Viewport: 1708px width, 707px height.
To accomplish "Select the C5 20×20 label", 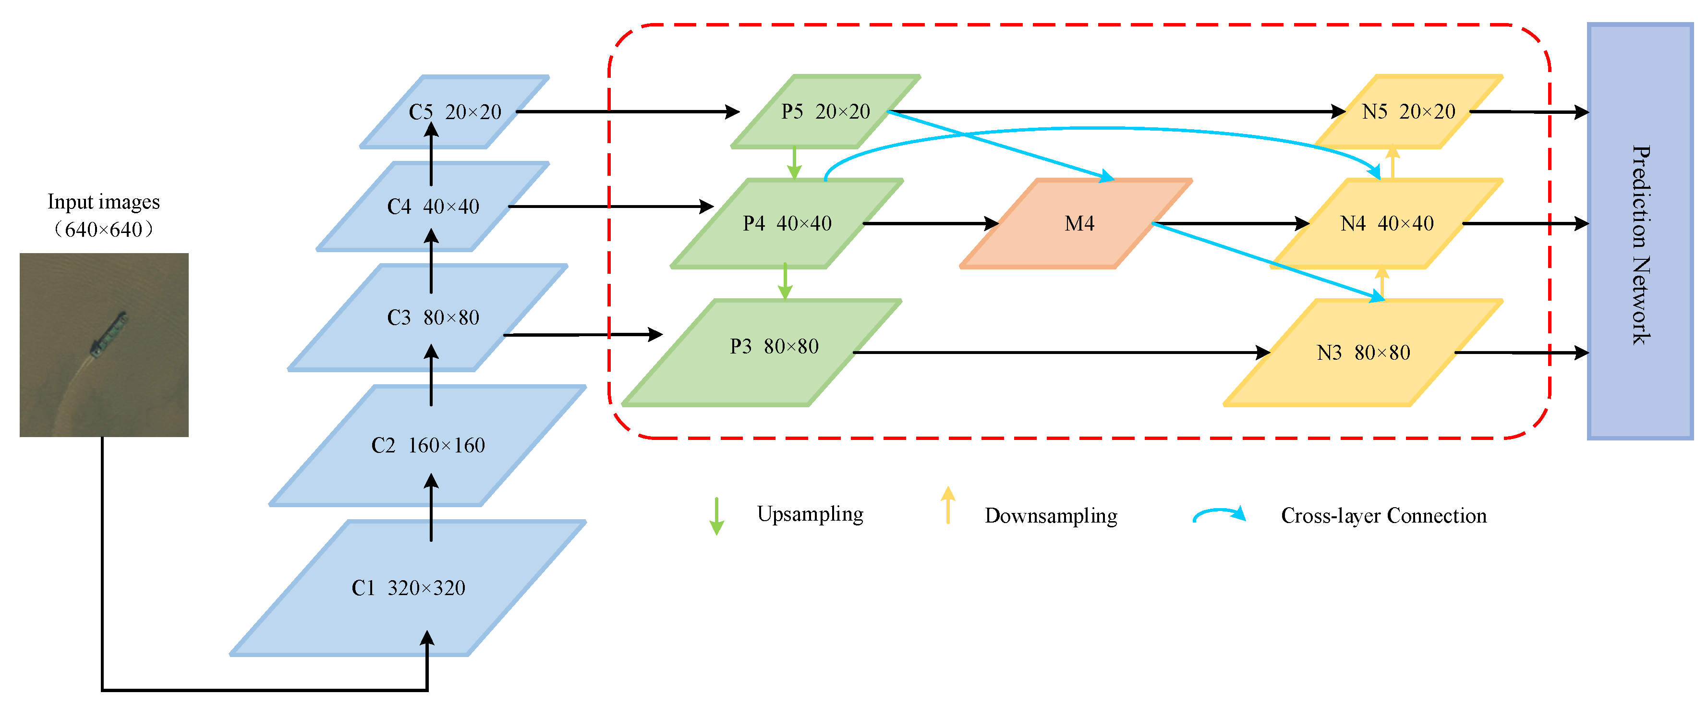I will pos(455,112).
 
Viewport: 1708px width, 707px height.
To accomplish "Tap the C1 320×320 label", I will pos(409,587).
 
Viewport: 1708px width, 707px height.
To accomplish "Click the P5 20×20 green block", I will pos(825,111).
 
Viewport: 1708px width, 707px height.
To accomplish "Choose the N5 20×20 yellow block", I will pos(1408,111).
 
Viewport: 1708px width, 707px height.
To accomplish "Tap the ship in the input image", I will pos(109,335).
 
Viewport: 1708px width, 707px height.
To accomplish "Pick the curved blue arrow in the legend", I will pos(1219,514).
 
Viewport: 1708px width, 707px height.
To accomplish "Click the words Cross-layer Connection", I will pos(1384,516).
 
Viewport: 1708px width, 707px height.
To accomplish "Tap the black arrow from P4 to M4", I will pos(928,223).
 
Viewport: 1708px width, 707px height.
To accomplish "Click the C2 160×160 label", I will pos(428,445).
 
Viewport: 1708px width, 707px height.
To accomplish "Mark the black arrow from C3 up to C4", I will pos(431,262).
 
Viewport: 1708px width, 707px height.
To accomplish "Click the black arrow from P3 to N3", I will pos(1061,352).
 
